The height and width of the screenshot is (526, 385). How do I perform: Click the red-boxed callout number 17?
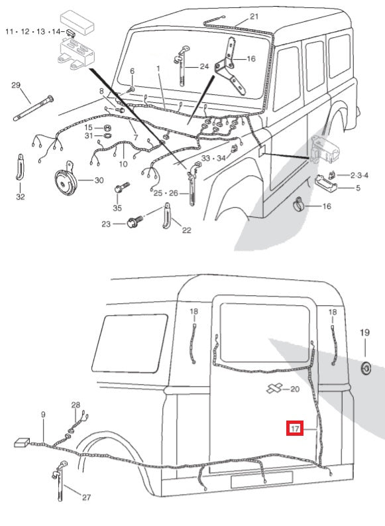tap(294, 428)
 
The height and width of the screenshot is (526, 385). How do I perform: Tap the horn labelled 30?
tap(66, 180)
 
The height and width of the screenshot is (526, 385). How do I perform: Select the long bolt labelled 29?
tap(34, 107)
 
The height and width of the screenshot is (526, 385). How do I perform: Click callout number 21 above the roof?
tap(254, 16)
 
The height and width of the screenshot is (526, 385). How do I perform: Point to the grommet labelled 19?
tap(365, 367)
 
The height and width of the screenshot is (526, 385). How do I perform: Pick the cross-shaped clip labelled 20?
tap(274, 388)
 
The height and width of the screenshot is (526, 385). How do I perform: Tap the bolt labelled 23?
tap(135, 222)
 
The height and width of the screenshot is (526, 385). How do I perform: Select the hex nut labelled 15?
tap(107, 128)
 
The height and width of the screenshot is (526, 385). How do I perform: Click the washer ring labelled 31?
tap(107, 136)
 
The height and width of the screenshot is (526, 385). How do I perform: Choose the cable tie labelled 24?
tap(181, 66)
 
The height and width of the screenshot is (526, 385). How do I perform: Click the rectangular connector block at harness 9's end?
tap(22, 442)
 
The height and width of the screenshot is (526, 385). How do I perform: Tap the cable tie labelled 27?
tap(60, 481)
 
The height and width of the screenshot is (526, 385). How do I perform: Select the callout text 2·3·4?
tap(359, 175)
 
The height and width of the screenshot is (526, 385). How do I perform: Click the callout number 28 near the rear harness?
tap(76, 405)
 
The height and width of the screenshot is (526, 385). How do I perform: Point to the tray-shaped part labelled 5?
tap(325, 183)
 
